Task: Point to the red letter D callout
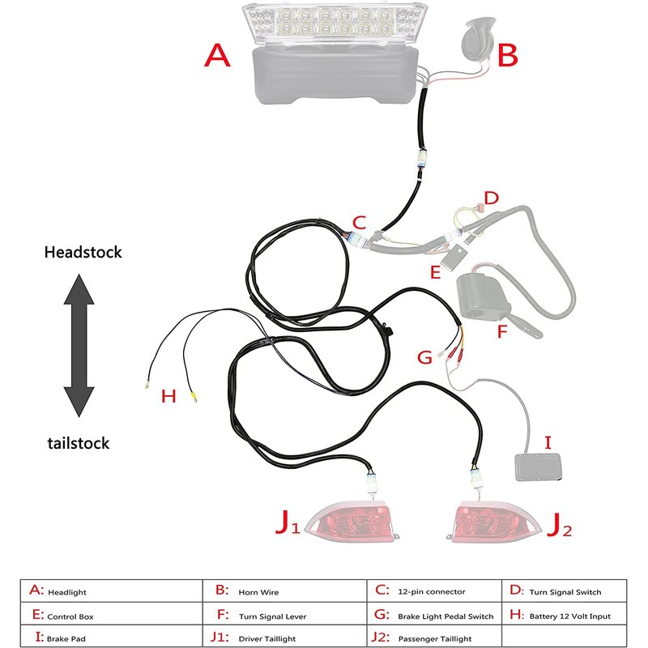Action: [491, 197]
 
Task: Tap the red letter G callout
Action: [424, 356]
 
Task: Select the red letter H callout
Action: [168, 396]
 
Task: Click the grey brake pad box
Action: [539, 468]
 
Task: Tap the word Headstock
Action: [83, 252]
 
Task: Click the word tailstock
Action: [78, 443]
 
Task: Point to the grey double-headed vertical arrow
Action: [79, 346]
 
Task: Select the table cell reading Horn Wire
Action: [258, 592]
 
